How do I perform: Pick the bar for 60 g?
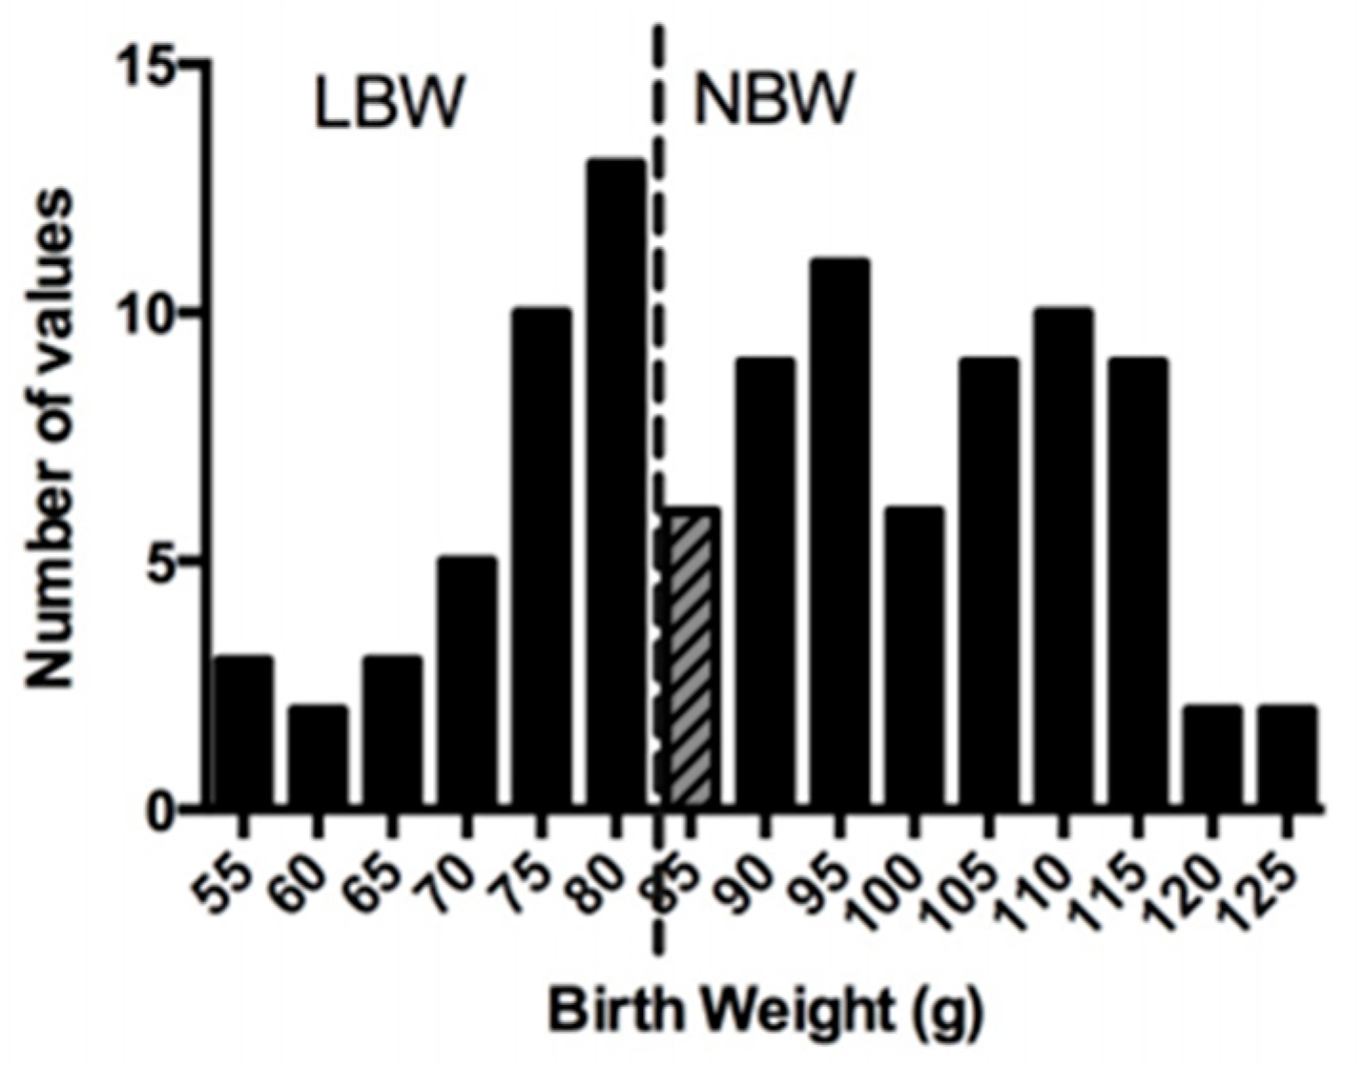pos(318,757)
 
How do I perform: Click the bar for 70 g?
pos(466,683)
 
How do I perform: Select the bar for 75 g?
pos(541,559)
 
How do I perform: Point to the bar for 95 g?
pos(839,534)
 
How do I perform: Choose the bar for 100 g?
pos(914,658)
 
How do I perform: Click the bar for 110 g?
pos(1063,559)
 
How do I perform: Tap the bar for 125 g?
pos(1287,757)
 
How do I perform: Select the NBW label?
pos(771,100)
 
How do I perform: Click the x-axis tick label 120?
pos(1188,882)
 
